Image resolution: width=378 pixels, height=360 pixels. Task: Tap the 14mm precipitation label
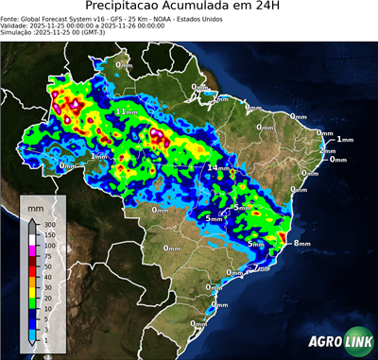[x=218, y=167]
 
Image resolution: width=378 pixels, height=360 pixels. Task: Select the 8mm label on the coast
[x=301, y=243]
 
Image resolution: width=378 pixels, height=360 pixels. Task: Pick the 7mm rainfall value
[x=262, y=267]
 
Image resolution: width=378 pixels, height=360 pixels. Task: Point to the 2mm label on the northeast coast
[x=327, y=150]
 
